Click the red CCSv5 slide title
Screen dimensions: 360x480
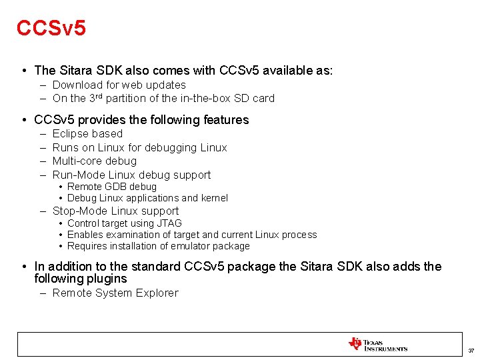[51, 28]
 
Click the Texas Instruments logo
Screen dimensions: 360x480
[378, 345]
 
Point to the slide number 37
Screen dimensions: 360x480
[471, 351]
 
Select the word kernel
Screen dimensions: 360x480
[214, 198]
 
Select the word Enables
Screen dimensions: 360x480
[85, 235]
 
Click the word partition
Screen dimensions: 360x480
[127, 98]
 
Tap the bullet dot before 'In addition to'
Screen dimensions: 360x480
[24, 267]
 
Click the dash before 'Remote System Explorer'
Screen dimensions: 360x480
[43, 293]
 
